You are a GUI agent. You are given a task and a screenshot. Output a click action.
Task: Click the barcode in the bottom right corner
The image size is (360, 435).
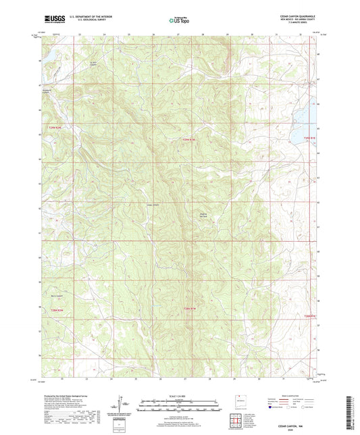pyautogui.click(x=351, y=412)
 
